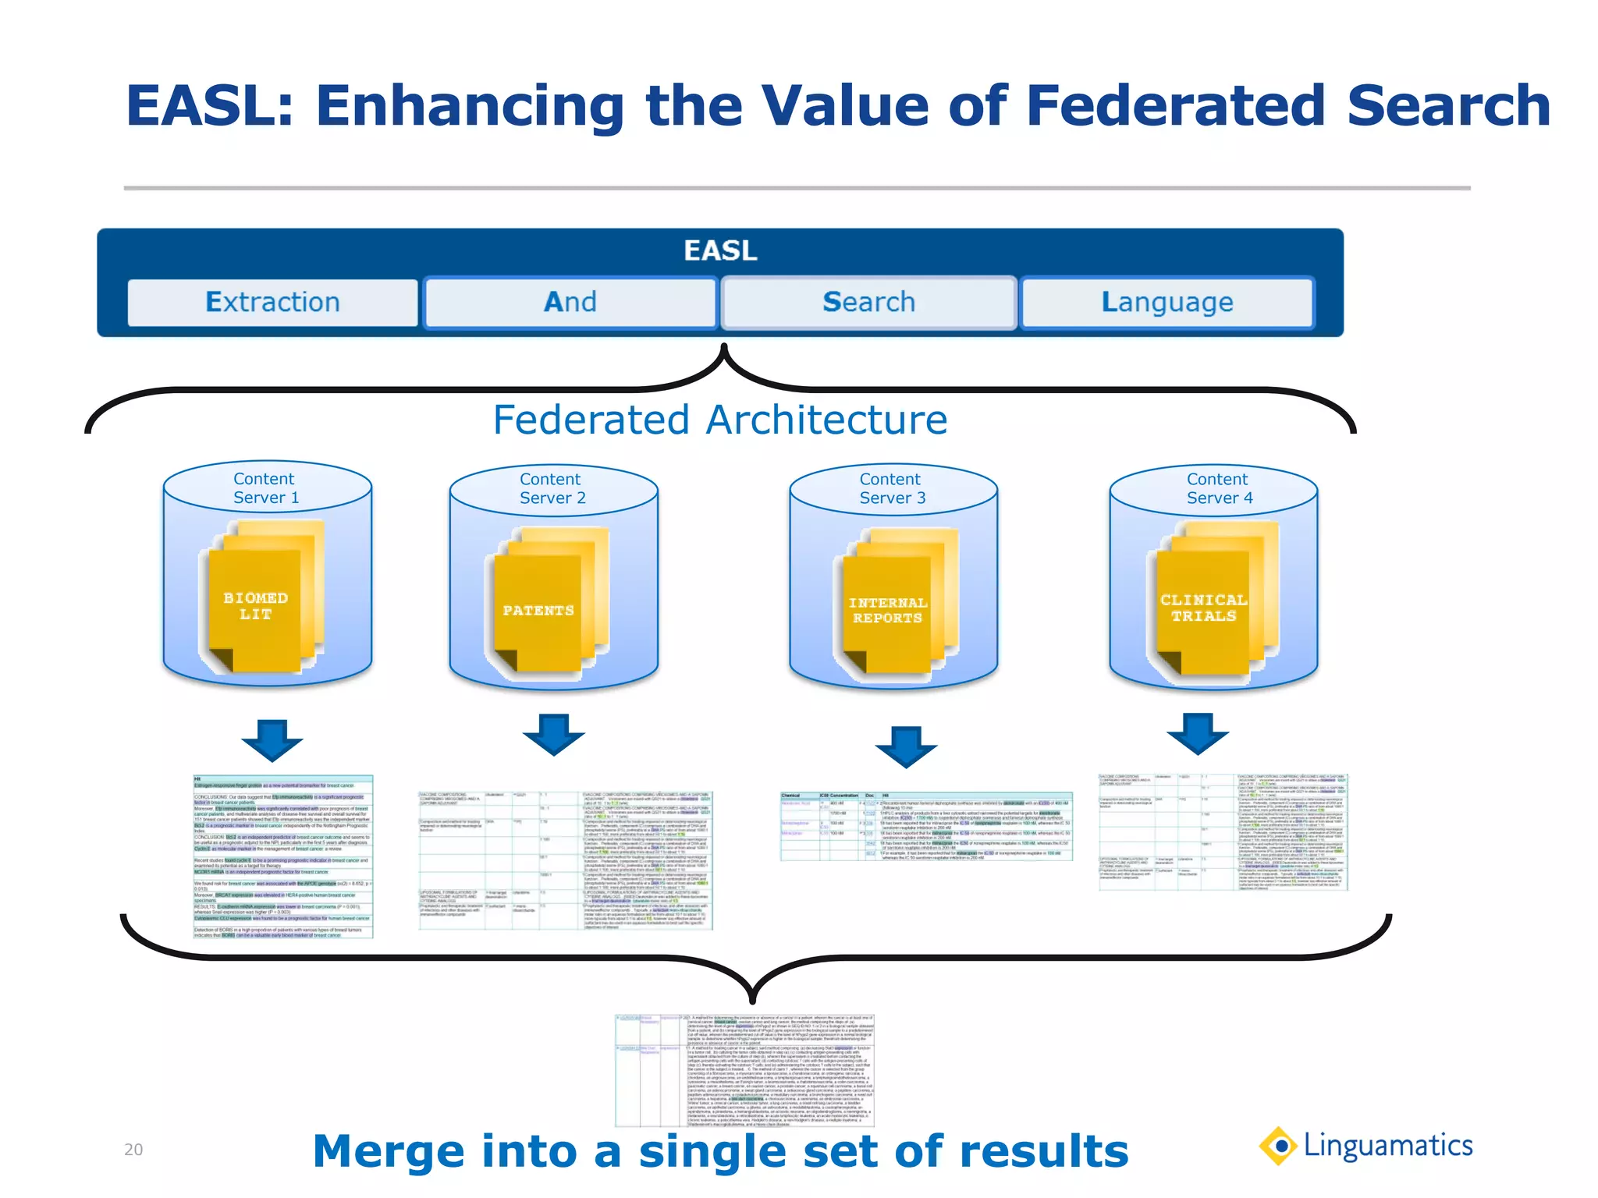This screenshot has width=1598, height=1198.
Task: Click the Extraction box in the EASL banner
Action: pos(272,302)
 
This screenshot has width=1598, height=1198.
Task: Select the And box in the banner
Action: pos(570,302)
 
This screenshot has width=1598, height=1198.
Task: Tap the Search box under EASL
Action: pos(868,302)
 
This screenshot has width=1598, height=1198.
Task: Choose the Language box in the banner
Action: pos(1167,302)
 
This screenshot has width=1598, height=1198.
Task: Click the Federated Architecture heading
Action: pos(719,420)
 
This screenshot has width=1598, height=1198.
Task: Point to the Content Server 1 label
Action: pos(265,488)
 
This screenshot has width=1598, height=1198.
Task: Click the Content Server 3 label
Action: pos(892,488)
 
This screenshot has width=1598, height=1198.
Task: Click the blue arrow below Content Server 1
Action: pos(272,740)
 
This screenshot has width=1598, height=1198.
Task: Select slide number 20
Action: pos(133,1150)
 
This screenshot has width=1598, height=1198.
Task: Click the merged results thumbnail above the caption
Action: pos(744,1070)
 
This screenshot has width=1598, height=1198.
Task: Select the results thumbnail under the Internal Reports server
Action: pos(926,826)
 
